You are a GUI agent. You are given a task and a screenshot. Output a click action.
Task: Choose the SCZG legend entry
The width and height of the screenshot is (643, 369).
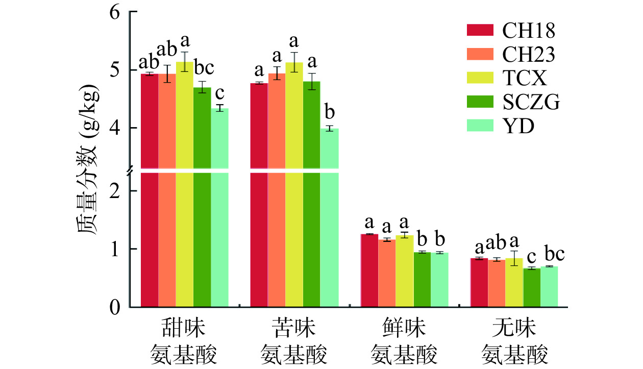[531, 102]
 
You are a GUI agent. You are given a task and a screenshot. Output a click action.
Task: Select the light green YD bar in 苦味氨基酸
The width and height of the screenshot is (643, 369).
[330, 219]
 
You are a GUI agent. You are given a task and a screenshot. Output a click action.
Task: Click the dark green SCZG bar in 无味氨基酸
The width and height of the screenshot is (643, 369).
[532, 288]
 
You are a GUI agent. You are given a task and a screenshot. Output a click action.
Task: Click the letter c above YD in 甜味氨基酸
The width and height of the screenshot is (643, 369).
[220, 95]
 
